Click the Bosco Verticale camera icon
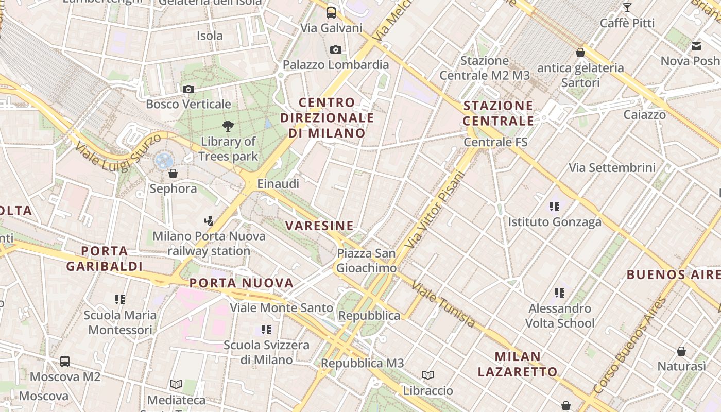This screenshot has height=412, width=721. (x=188, y=89)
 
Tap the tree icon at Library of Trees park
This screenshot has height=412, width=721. (x=228, y=126)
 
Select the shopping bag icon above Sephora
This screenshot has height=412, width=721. (x=173, y=174)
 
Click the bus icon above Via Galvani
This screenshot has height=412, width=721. (x=331, y=12)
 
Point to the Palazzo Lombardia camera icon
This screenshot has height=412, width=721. (x=336, y=49)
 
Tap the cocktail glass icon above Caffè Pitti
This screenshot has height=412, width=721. (x=627, y=8)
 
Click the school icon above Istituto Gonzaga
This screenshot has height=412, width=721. (x=555, y=207)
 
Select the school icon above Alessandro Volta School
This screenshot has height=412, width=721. (x=560, y=293)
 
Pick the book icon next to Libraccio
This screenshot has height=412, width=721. (x=428, y=375)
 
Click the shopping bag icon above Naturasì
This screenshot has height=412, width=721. (x=681, y=351)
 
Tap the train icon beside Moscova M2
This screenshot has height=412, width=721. (x=65, y=361)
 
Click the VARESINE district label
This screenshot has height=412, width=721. (x=320, y=226)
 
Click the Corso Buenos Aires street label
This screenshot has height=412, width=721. (x=629, y=346)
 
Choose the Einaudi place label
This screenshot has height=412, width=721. (x=278, y=184)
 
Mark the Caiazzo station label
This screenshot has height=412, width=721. (x=644, y=114)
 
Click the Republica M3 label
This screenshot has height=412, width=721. (x=363, y=363)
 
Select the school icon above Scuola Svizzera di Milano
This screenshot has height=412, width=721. (x=266, y=329)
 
